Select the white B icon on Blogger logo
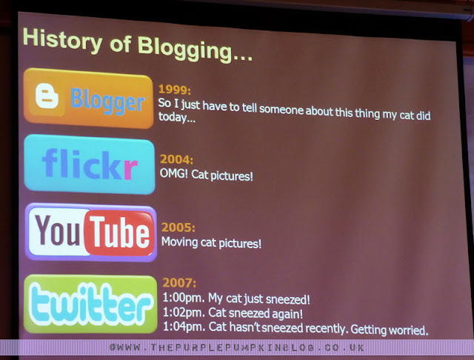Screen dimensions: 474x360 [x=47, y=96]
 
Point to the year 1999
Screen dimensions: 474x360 [x=175, y=90]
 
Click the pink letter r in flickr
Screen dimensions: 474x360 [x=130, y=169]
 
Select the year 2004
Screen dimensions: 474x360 [x=176, y=159]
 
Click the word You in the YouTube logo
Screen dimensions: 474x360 [x=57, y=230]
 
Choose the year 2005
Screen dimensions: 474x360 [x=178, y=227]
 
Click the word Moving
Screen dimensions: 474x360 [x=179, y=241]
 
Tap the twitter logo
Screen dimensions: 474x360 [x=90, y=304]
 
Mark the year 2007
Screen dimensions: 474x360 [x=179, y=283]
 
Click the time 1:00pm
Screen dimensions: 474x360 [x=184, y=298]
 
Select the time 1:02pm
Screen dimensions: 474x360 [x=184, y=313]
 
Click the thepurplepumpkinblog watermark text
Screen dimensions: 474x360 [x=237, y=347]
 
